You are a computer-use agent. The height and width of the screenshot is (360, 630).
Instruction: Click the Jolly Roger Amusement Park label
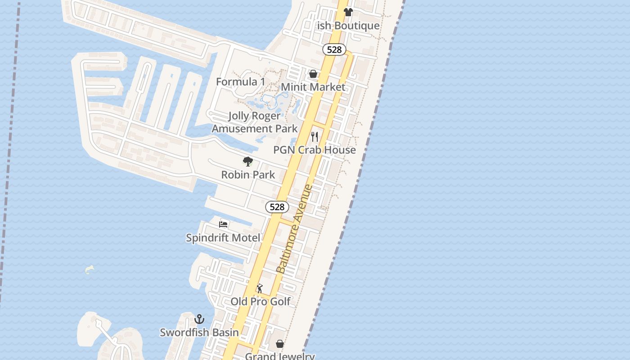coord(255,122)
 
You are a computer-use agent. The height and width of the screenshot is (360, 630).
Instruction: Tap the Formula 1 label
coord(240,82)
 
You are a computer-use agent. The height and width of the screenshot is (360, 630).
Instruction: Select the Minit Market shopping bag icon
coord(313,74)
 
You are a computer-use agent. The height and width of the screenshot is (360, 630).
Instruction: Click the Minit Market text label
coord(313,87)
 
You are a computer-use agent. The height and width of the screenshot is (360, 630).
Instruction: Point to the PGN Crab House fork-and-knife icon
coord(315,136)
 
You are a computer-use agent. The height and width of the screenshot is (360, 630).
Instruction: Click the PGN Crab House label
coord(315,150)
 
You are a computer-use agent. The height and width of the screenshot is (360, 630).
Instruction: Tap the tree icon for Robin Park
coord(247,162)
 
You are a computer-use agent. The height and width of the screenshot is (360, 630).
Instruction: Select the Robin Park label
coord(248,175)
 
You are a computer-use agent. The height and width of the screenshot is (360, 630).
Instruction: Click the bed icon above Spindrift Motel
coord(223,224)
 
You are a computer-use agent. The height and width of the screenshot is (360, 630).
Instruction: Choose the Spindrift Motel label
coord(223,238)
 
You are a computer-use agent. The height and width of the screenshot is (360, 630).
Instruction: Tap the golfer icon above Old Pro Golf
coord(260,288)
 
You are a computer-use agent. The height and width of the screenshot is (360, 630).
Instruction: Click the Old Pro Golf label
coord(261,301)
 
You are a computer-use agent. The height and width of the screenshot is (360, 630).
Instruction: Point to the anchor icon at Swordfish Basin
coord(199,319)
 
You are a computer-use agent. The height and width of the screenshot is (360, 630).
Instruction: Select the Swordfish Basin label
coord(199,333)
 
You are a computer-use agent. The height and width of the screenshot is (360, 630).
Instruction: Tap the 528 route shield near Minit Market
coord(334,49)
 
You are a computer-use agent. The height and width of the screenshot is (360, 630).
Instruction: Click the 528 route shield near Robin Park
coord(277,207)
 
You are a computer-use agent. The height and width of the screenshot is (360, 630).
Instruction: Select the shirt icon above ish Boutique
coord(348,12)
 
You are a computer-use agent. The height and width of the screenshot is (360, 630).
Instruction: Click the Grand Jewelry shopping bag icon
coord(280,344)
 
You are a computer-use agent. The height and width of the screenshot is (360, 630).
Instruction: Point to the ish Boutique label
coord(348,26)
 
